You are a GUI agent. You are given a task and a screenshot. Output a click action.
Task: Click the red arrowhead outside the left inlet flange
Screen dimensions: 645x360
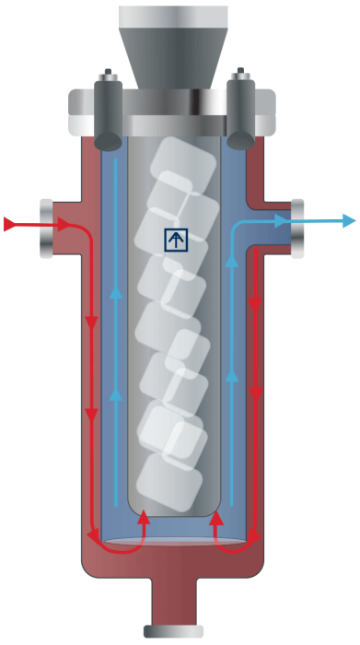click(x=10, y=224)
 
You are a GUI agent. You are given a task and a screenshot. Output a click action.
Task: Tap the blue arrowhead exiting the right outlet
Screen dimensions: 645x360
click(x=347, y=220)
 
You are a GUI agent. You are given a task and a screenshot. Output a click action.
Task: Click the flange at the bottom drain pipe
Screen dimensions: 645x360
click(x=173, y=631)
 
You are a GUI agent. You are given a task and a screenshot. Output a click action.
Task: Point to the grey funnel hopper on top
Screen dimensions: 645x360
click(x=173, y=46)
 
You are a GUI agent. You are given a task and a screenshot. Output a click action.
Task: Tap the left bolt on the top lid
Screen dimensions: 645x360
click(x=109, y=111)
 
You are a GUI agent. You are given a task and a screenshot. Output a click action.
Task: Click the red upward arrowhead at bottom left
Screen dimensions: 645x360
click(x=143, y=521)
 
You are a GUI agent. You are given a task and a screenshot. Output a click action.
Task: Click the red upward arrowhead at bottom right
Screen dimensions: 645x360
click(x=215, y=521)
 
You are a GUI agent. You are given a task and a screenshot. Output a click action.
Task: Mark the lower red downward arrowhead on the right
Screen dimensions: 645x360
click(x=256, y=392)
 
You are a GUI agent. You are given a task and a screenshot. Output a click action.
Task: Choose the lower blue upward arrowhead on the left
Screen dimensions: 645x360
click(x=116, y=394)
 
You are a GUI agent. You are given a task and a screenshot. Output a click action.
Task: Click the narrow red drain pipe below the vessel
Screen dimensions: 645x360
click(x=173, y=599)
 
